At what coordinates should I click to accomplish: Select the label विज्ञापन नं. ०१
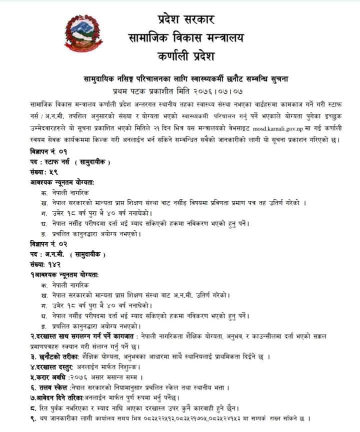[48, 151]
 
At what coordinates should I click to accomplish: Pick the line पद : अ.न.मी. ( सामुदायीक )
[68, 254]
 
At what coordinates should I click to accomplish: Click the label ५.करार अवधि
[49, 377]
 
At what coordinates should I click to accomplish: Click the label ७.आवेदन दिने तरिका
[61, 398]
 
